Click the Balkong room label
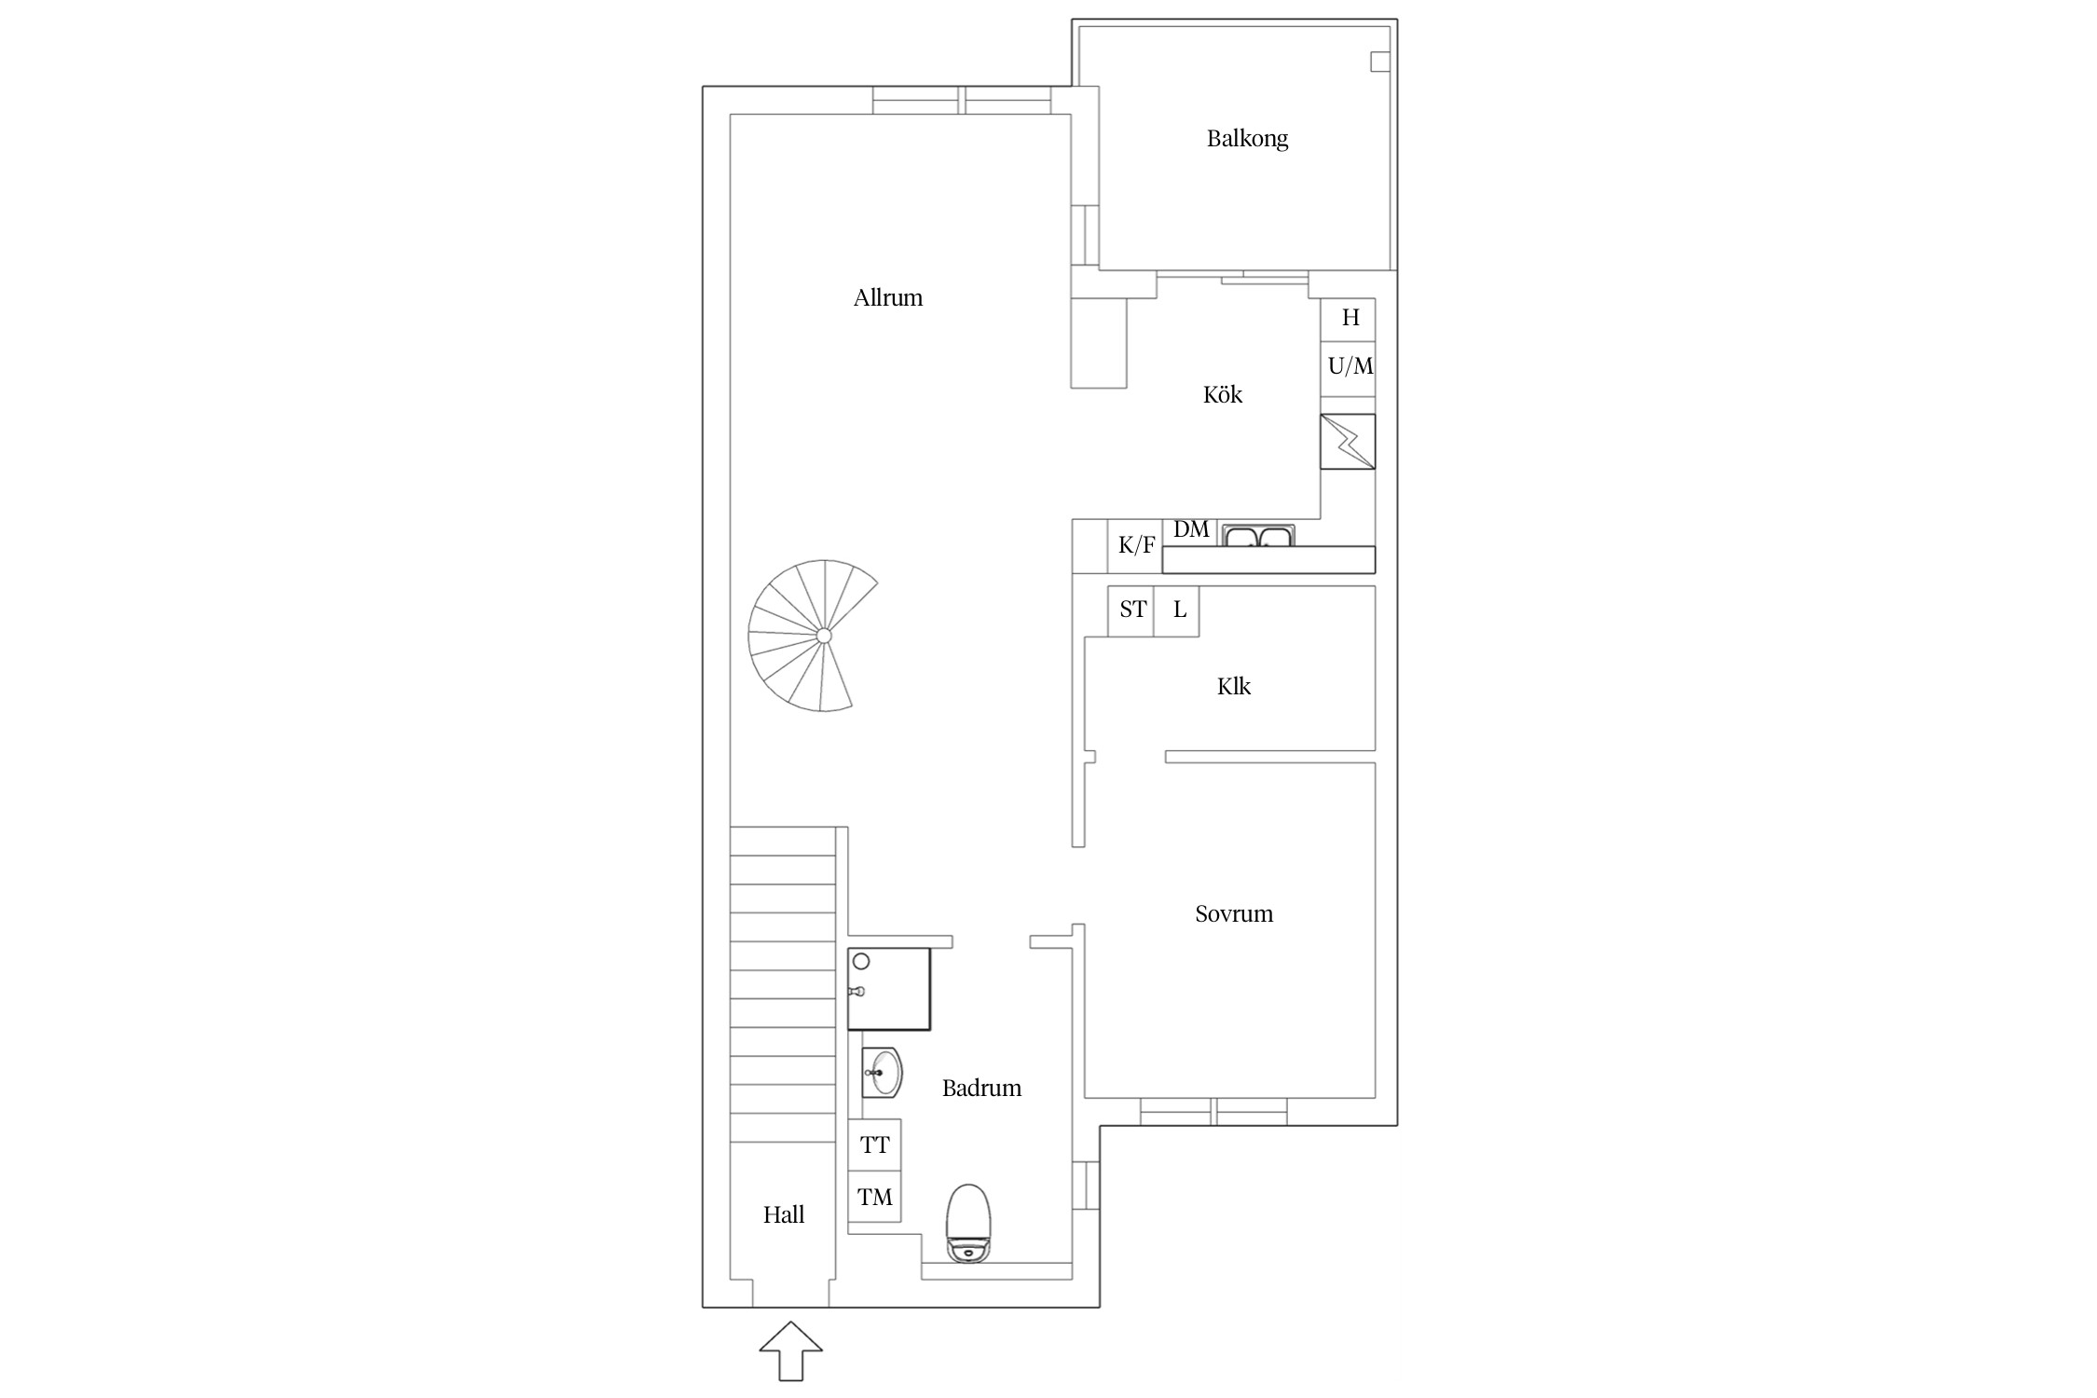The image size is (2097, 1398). (1247, 139)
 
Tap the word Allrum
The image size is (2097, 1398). (888, 298)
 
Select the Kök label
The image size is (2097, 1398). (1223, 394)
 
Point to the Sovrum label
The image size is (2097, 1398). (1234, 913)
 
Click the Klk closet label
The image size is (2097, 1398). (1234, 687)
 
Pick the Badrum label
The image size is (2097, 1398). (981, 1088)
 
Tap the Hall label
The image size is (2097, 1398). (784, 1214)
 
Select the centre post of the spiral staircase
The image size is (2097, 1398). (824, 636)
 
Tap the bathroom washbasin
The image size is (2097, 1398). (882, 1073)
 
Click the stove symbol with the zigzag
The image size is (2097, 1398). (1348, 442)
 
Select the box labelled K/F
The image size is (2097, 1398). (1136, 546)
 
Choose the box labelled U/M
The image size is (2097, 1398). (1349, 367)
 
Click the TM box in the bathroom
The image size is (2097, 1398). (874, 1198)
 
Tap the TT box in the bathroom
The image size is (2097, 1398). (874, 1145)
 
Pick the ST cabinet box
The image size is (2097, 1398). (1131, 610)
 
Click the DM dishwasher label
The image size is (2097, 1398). (1191, 530)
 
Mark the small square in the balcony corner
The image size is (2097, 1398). (1380, 62)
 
